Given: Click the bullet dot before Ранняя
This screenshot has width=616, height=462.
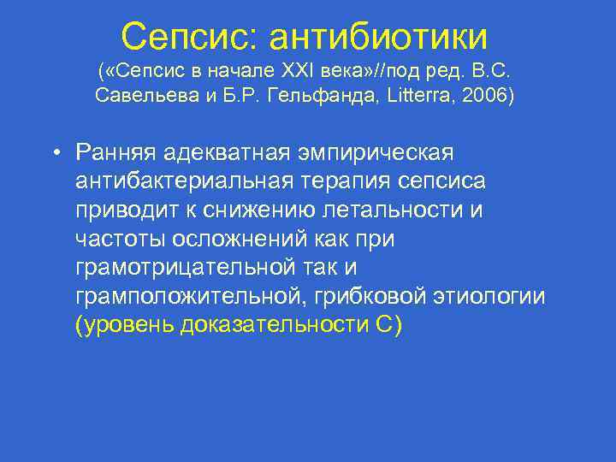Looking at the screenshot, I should pos(54,153).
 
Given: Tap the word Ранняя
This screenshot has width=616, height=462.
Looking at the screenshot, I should pos(116,152).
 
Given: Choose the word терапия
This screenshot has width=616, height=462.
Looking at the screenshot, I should pos(332,181).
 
